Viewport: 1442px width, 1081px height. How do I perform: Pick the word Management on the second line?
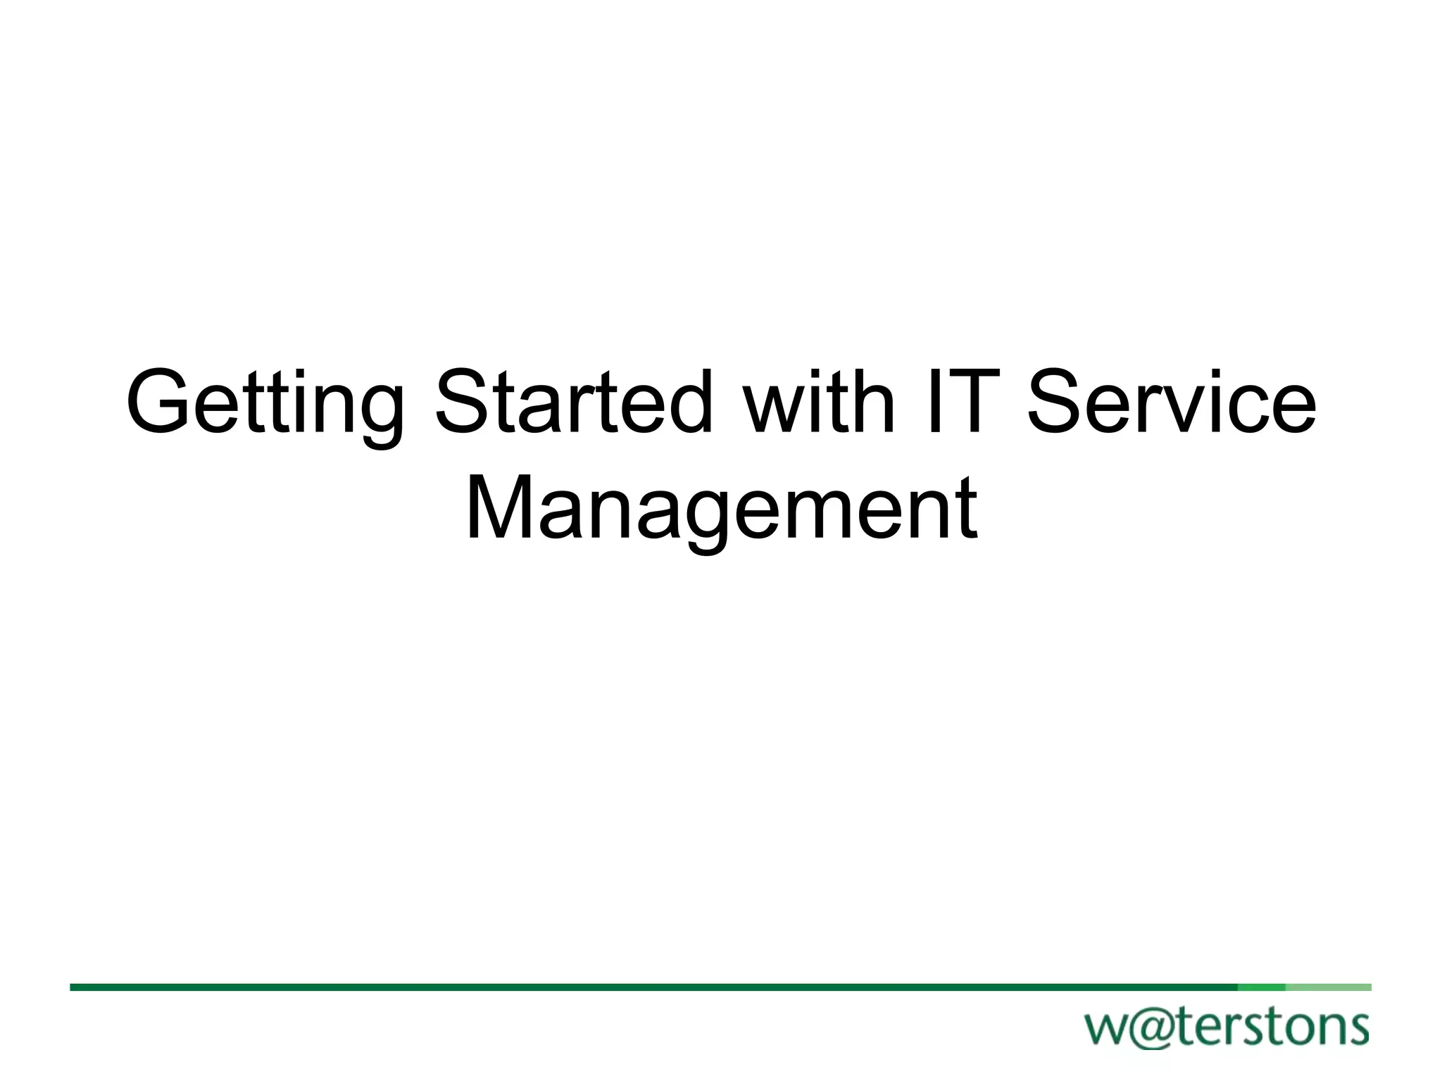(721, 508)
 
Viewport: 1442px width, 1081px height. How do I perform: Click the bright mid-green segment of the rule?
(1262, 987)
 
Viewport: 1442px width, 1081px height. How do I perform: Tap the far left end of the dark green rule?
(73, 987)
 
